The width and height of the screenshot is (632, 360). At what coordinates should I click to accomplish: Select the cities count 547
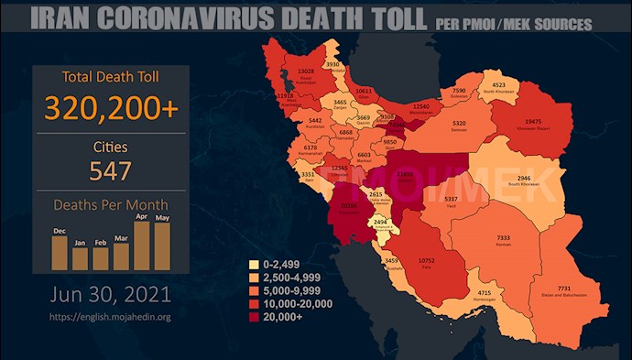click(x=109, y=170)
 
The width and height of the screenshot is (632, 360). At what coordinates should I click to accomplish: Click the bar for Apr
click(x=141, y=245)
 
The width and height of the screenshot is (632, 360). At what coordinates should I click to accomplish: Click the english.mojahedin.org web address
click(x=109, y=318)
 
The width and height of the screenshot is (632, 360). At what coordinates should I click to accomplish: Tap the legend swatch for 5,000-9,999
click(x=254, y=291)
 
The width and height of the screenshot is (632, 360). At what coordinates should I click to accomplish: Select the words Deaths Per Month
click(x=109, y=204)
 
